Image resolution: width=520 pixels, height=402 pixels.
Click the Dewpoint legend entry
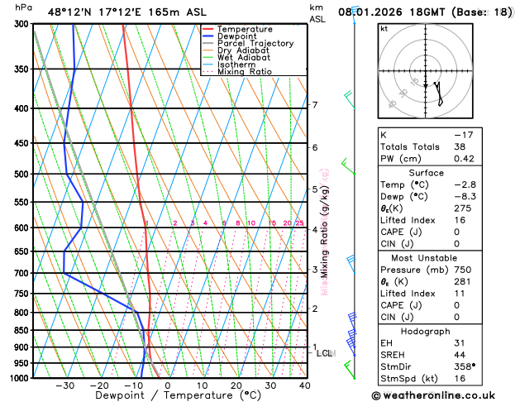point(237,36)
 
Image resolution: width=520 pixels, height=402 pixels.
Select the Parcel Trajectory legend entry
point(255,44)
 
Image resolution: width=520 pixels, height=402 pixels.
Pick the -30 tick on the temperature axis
point(64,385)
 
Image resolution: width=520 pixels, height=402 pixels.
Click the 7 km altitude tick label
point(314,105)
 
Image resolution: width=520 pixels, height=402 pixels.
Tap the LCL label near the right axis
point(325,353)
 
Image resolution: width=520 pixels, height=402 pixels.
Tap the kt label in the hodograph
point(384,28)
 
